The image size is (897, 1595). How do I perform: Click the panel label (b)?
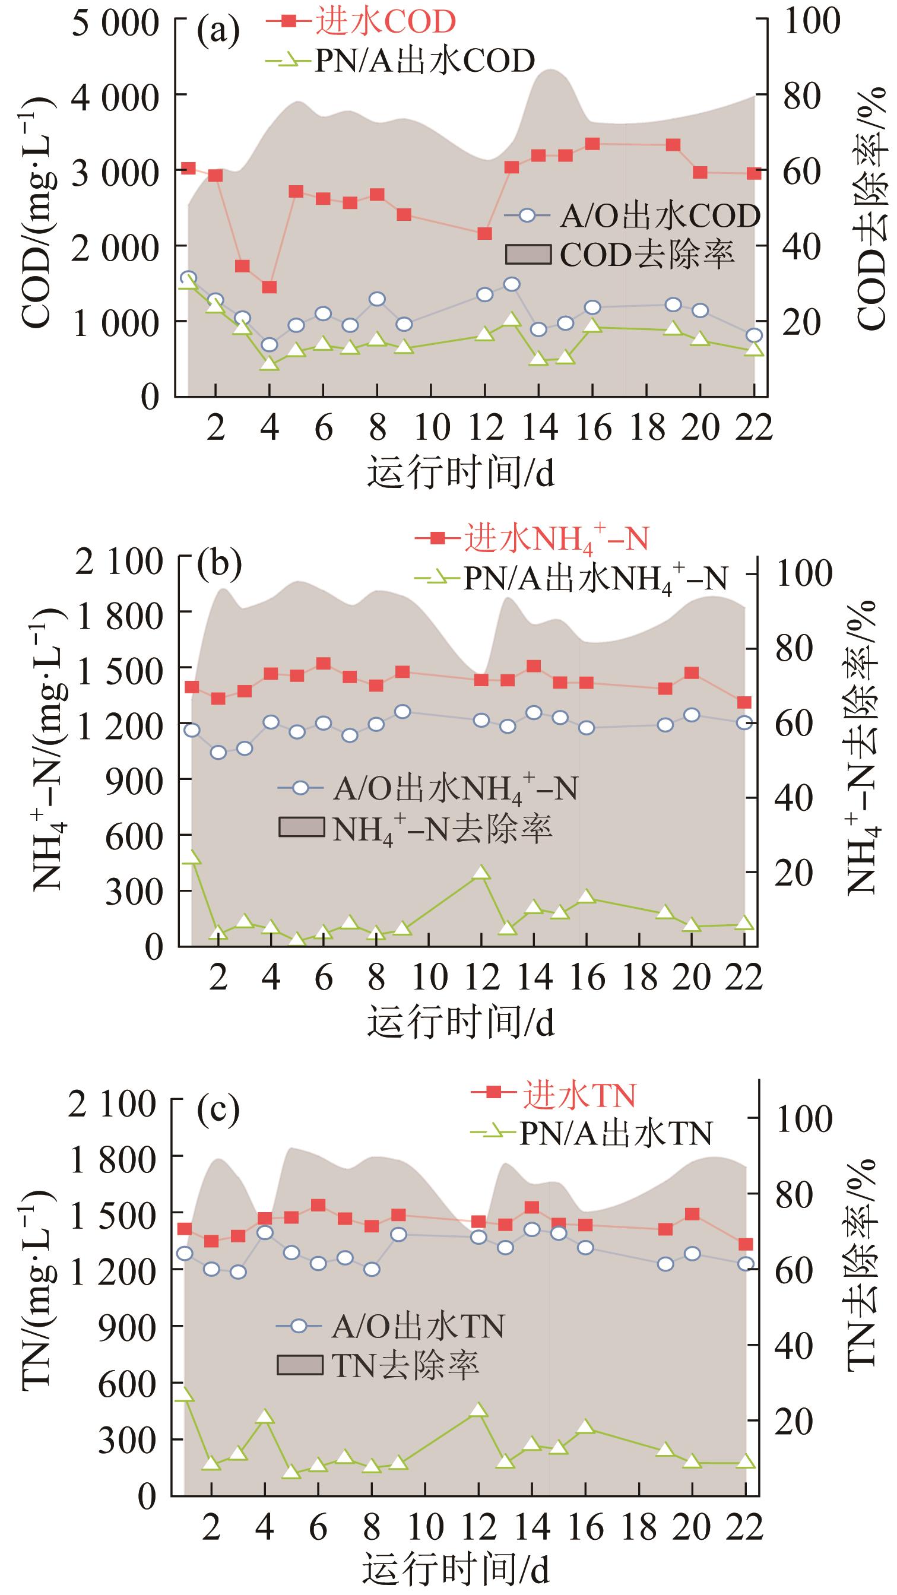click(218, 564)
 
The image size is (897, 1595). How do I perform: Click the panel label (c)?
click(217, 1110)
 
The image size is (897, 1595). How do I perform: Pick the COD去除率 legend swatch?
click(528, 255)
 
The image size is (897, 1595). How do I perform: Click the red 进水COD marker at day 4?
click(270, 287)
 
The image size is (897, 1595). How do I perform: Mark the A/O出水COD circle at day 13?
click(511, 284)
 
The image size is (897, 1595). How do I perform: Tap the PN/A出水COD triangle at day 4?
click(270, 363)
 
